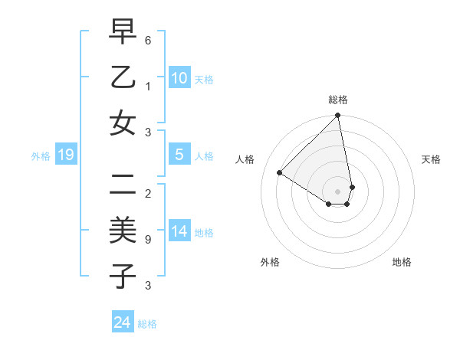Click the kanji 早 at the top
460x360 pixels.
pos(123,32)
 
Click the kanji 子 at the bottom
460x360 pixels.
pos(123,276)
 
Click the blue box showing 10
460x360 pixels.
pos(179,78)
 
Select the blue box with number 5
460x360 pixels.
pos(179,155)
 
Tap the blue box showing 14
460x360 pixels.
pos(179,231)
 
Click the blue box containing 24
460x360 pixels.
pos(123,322)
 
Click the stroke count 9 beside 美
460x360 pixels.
pos(148,239)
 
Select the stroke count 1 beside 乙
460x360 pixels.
pos(148,86)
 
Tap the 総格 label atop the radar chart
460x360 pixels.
pos(338,100)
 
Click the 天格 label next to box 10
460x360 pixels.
pos(204,79)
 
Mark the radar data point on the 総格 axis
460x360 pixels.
pos(338,116)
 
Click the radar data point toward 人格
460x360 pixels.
pos(280,173)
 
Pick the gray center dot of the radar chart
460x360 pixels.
pos(338,191)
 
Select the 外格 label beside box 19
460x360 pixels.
pos(40,156)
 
